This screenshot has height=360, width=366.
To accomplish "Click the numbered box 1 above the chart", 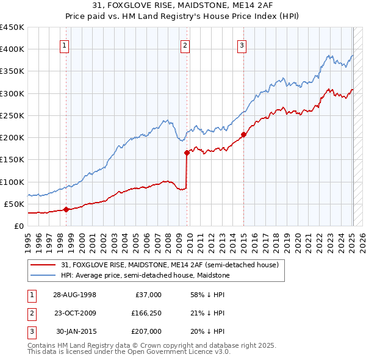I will pos(65,45).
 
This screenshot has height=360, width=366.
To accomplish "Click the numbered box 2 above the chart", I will pos(185,45).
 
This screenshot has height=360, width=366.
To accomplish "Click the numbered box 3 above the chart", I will pos(242,45).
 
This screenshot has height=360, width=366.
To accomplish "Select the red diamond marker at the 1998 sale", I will pos(66,209).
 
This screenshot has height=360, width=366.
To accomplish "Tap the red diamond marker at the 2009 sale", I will pos(187,153).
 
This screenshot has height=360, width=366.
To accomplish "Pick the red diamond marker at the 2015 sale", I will pos(243,134).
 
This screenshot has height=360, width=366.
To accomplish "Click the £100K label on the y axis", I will pos(12,182).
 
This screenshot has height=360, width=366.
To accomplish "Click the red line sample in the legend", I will pos(43,265).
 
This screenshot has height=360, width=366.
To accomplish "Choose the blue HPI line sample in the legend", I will pos(43,275).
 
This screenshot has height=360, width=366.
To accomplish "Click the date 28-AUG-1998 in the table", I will pos(74,295).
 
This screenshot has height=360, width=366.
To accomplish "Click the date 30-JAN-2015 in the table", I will pos(75,331).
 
